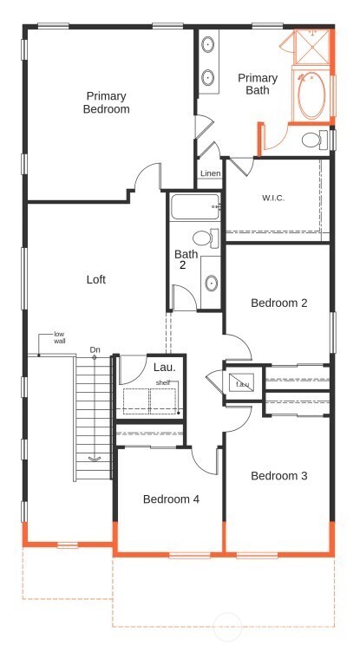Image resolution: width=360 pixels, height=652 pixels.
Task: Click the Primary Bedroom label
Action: point(106,102)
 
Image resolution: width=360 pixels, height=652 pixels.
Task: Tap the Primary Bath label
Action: point(258,84)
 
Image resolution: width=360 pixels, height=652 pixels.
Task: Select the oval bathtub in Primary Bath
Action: point(311,95)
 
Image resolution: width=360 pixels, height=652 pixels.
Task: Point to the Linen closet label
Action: point(211,173)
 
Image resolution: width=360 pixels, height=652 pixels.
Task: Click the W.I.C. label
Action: point(273,199)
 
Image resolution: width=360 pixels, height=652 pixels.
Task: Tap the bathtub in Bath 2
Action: point(195,207)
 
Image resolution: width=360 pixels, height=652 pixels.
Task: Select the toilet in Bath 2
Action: point(206,238)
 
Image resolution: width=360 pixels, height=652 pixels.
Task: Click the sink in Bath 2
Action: point(212,284)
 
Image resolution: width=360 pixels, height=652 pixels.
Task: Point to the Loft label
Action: point(96,279)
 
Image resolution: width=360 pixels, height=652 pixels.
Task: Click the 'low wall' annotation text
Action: point(60,337)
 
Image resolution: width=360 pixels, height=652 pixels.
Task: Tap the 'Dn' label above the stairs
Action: point(95,350)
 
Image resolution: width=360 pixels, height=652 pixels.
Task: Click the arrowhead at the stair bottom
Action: point(95,459)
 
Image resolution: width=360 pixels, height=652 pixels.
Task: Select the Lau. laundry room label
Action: point(165,367)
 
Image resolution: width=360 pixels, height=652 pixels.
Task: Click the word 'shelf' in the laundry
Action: point(163,382)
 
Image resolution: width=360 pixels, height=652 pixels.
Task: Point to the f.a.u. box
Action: point(242,383)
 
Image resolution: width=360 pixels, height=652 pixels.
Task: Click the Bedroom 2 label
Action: point(279,303)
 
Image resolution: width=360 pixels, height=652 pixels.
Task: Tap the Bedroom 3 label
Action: point(279,476)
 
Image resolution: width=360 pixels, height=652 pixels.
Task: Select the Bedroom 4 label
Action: point(171,499)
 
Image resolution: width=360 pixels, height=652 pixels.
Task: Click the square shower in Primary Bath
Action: point(311,47)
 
